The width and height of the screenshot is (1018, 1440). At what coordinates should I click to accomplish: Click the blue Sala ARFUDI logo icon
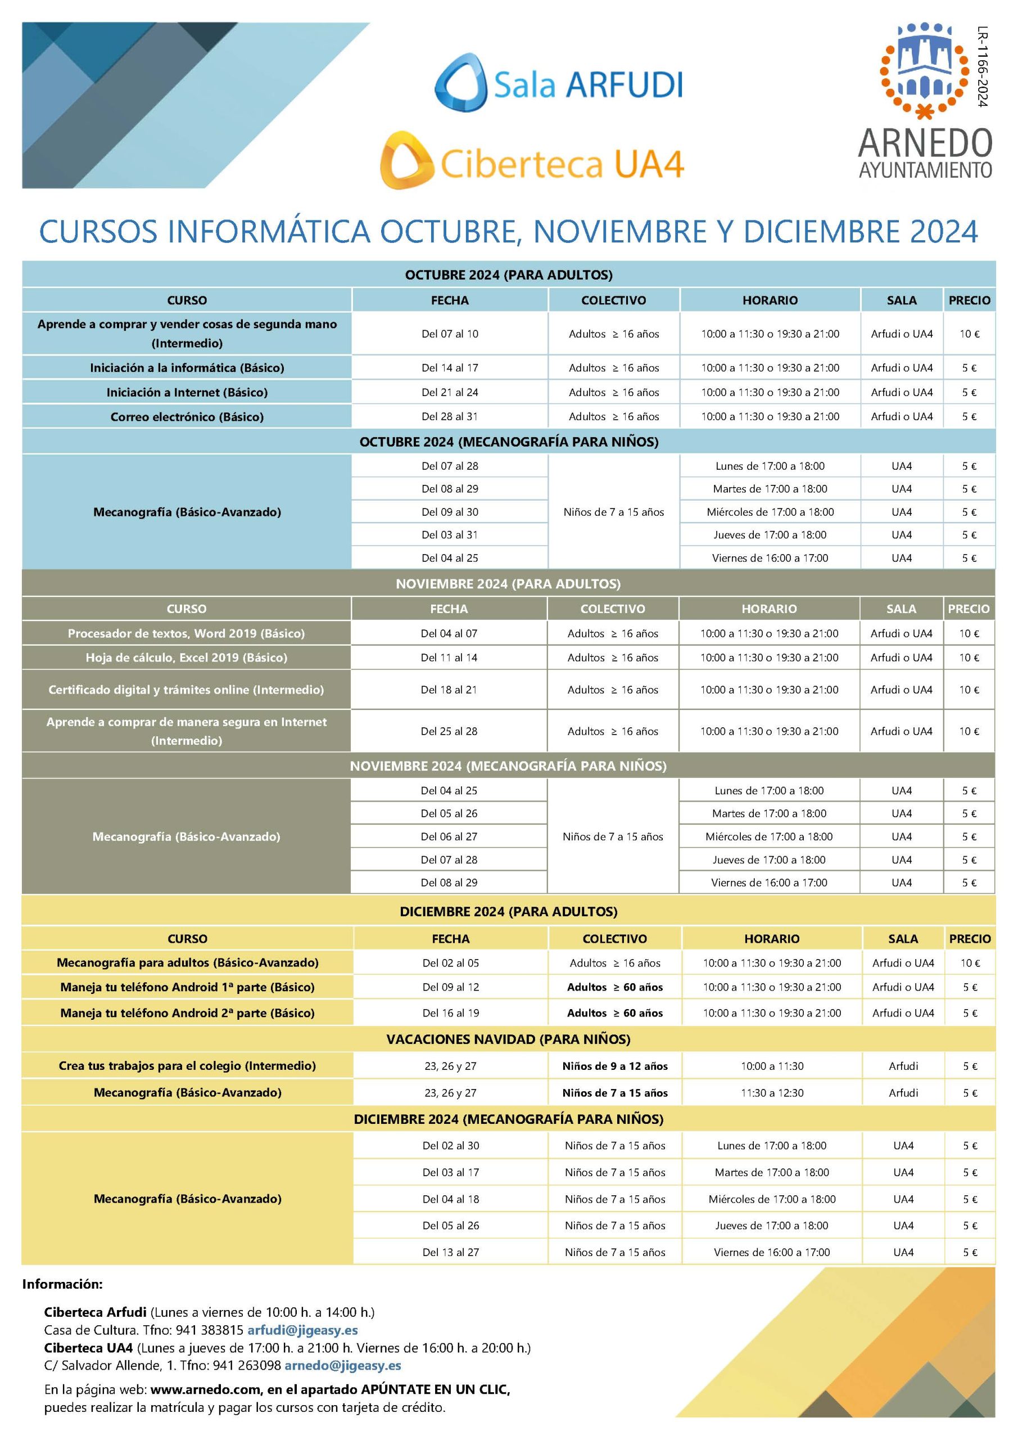pyautogui.click(x=461, y=83)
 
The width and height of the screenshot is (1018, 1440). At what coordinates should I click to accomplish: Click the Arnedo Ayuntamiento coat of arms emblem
pyautogui.click(x=925, y=70)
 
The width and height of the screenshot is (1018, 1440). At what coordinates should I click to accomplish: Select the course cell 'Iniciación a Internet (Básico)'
pyautogui.click(x=187, y=392)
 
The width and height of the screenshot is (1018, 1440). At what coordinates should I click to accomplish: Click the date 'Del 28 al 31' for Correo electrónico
pyautogui.click(x=450, y=416)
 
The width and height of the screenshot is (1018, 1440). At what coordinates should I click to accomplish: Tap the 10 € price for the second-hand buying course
pyautogui.click(x=969, y=334)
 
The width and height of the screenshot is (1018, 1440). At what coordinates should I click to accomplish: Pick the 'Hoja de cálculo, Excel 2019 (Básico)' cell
pyautogui.click(x=186, y=658)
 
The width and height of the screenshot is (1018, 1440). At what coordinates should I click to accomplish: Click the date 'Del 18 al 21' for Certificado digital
pyautogui.click(x=449, y=689)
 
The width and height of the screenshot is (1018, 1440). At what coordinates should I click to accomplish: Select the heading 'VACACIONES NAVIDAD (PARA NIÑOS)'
pyautogui.click(x=508, y=1039)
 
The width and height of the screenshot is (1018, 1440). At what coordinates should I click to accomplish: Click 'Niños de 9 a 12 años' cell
pyautogui.click(x=614, y=1066)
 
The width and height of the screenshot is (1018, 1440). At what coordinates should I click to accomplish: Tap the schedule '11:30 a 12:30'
pyautogui.click(x=772, y=1092)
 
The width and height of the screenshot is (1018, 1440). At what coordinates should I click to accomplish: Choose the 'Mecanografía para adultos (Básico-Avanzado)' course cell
pyautogui.click(x=187, y=962)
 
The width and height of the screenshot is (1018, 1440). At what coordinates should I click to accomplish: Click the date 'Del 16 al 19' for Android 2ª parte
pyautogui.click(x=450, y=1013)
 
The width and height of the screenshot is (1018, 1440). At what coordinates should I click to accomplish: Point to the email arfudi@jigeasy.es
pyautogui.click(x=303, y=1330)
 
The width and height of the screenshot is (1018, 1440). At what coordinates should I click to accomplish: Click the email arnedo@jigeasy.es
pyautogui.click(x=342, y=1365)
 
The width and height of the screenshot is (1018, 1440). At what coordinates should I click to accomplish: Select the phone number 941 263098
pyautogui.click(x=246, y=1365)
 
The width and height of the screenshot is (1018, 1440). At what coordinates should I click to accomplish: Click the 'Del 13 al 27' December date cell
pyautogui.click(x=450, y=1253)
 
